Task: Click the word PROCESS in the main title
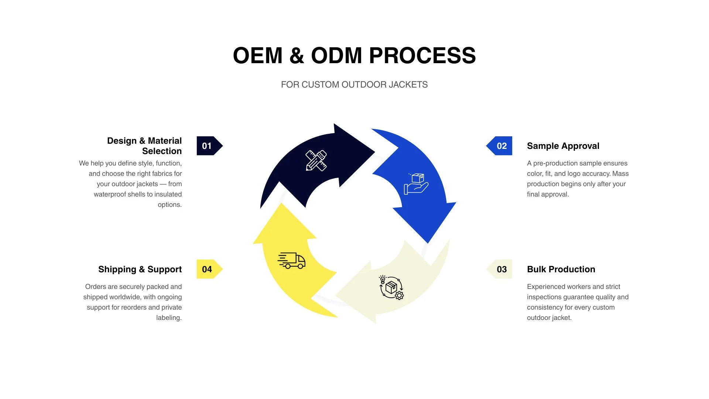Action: pyautogui.click(x=422, y=56)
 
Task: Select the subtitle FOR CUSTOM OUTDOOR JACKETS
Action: pyautogui.click(x=354, y=85)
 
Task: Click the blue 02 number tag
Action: pyautogui.click(x=501, y=146)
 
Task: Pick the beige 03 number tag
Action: pyautogui.click(x=501, y=269)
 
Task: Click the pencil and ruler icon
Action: pyautogui.click(x=316, y=160)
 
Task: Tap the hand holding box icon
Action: pyautogui.click(x=416, y=184)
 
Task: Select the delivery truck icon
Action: pyautogui.click(x=291, y=260)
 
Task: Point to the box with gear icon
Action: pyautogui.click(x=391, y=287)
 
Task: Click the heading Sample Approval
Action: pyautogui.click(x=563, y=146)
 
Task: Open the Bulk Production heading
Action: pyautogui.click(x=561, y=269)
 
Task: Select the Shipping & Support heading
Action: pyautogui.click(x=140, y=269)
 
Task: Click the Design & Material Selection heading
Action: pyautogui.click(x=144, y=146)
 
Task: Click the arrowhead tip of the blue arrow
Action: pyautogui.click(x=428, y=242)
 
